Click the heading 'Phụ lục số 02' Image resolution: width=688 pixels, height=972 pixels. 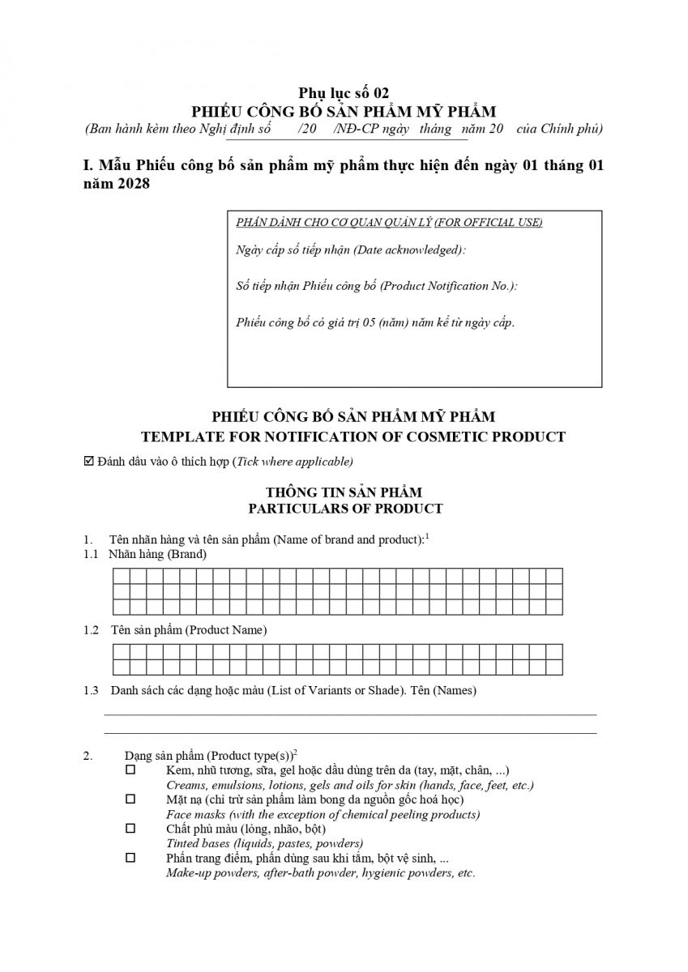coord(344,93)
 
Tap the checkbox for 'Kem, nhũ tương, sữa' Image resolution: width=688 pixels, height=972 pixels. coord(130,769)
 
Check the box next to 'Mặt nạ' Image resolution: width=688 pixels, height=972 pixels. coord(130,799)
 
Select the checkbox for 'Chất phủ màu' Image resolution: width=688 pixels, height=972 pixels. coord(130,828)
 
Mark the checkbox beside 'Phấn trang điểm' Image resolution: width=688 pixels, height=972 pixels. coord(130,857)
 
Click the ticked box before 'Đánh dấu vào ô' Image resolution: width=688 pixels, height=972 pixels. coord(89,462)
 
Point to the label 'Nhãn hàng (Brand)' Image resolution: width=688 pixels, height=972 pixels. coord(157,555)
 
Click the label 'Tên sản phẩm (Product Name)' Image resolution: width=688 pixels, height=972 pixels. coord(189,629)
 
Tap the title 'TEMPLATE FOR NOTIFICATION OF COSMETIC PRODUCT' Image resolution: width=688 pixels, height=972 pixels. coord(353,437)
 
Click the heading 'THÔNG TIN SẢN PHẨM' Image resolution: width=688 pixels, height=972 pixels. coord(344,492)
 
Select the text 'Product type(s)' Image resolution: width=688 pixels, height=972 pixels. coord(250,755)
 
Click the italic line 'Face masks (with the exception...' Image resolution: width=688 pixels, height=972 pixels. coord(323,814)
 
